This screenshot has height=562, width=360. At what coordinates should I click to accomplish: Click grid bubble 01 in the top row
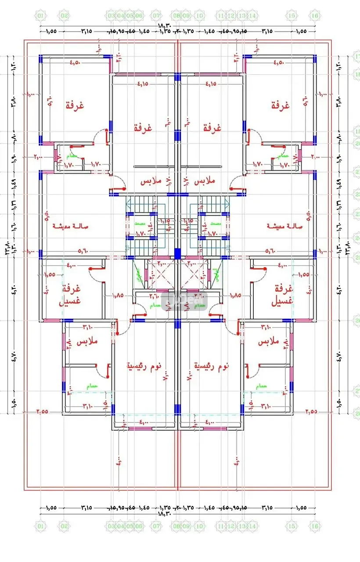click(x=40, y=16)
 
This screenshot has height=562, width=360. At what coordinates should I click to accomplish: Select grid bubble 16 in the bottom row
click(x=315, y=526)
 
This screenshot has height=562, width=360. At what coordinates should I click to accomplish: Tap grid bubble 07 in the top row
click(x=157, y=16)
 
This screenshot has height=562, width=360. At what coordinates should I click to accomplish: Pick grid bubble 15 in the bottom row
click(x=292, y=526)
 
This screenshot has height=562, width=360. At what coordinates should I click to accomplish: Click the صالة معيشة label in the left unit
click(x=71, y=226)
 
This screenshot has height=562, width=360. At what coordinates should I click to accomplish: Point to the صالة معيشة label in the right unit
click(x=284, y=226)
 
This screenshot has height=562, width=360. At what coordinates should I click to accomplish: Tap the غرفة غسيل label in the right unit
click(x=282, y=295)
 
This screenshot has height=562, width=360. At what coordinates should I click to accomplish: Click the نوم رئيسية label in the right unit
click(x=212, y=365)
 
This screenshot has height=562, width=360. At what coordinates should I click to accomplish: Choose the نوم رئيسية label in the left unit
click(x=144, y=365)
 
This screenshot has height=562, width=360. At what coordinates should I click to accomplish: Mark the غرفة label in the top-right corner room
click(x=281, y=105)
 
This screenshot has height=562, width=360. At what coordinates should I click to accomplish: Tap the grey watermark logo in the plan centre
click(x=178, y=302)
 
